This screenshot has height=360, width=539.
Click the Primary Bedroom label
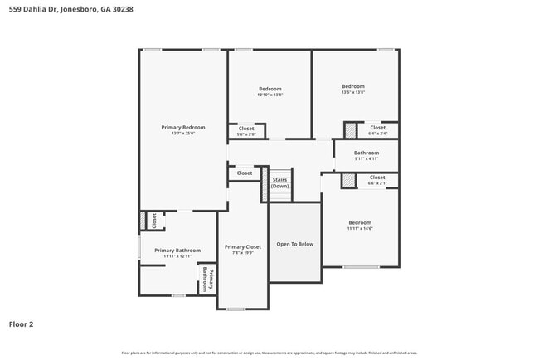coord(182,127)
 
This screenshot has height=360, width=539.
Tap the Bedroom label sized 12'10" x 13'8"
coord(269,89)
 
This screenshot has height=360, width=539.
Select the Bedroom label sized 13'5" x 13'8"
coord(353,86)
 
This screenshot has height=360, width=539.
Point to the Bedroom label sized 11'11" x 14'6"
coord(360,222)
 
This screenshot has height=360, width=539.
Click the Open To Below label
coord(294,244)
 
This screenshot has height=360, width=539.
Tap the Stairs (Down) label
coord(280,182)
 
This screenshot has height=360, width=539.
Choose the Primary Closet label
coord(242,246)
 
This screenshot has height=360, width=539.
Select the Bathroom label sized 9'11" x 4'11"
coord(366,153)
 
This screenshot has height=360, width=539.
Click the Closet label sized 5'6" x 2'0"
coord(246,129)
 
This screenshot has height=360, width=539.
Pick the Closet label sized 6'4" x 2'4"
coord(377,128)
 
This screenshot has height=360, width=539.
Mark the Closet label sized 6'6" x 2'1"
coord(377,177)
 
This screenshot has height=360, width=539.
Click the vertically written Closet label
coord(154,220)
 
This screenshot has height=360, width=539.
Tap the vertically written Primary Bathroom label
coord(207,280)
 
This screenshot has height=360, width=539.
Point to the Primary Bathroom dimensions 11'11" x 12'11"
coord(177,255)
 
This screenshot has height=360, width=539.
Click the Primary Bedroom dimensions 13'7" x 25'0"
coord(182,133)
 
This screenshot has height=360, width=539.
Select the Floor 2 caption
coord(21,324)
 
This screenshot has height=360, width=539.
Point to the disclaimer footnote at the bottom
coord(270,353)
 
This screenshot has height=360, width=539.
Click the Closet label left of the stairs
coord(245,173)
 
